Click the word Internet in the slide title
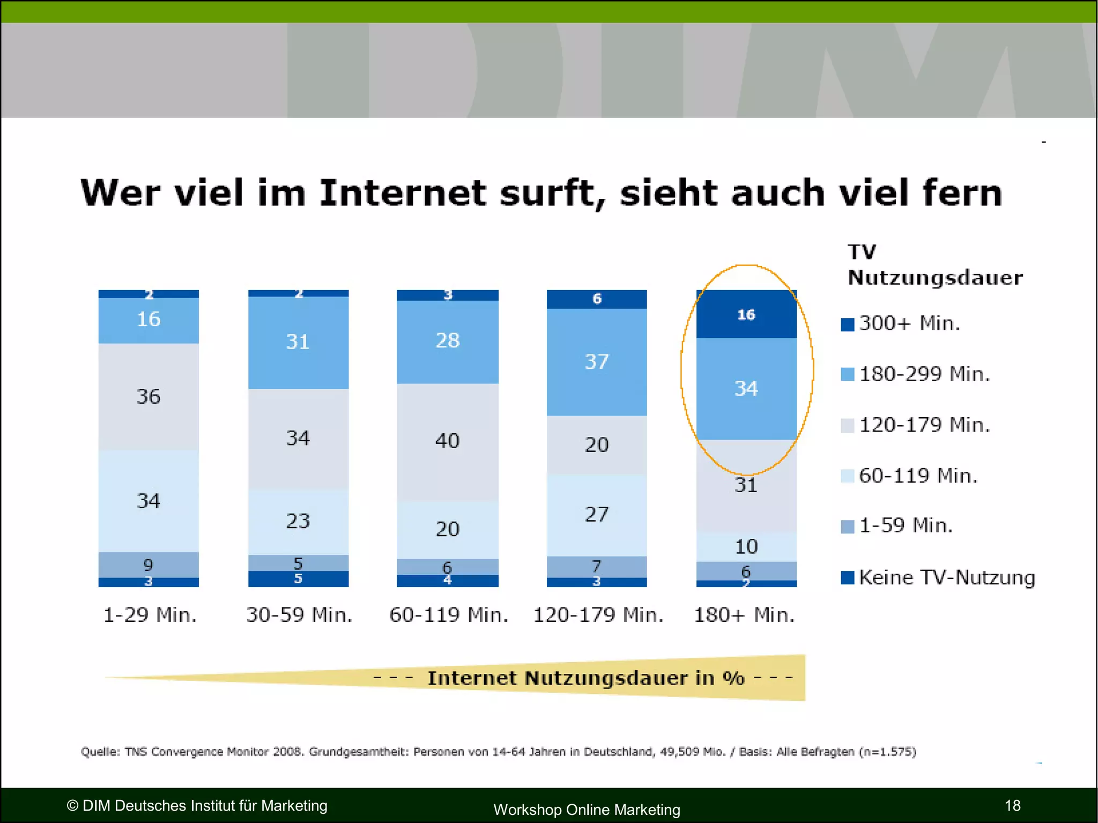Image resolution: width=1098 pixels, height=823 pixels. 403,193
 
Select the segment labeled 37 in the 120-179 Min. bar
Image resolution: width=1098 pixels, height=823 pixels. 597,362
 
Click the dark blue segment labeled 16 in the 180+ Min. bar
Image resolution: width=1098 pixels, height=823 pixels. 746,315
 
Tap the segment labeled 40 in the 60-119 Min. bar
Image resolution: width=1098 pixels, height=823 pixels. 447,441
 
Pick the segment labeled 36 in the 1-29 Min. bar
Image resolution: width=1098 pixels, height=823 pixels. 149,397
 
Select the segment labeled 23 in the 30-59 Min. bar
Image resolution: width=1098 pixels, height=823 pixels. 298,521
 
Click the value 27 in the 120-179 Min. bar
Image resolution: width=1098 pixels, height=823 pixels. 597,515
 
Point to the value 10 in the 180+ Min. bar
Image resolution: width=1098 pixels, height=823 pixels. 746,547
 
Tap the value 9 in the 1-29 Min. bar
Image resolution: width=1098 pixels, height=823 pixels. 149,565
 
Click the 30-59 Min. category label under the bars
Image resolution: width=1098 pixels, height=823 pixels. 299,615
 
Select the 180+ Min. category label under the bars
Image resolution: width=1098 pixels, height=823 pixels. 744,615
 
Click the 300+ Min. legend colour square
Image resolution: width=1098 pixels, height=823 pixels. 847,324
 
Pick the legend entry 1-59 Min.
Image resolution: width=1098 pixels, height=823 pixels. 906,525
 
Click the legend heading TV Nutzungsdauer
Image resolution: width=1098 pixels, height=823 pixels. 934,265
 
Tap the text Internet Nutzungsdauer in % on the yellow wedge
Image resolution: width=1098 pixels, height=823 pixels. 585,678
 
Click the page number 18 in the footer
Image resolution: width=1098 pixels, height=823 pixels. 1012,805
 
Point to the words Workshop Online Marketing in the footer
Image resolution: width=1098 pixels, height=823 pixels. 587,810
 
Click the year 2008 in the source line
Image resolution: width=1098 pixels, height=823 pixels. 287,752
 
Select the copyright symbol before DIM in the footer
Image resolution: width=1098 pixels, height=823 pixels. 72,806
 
